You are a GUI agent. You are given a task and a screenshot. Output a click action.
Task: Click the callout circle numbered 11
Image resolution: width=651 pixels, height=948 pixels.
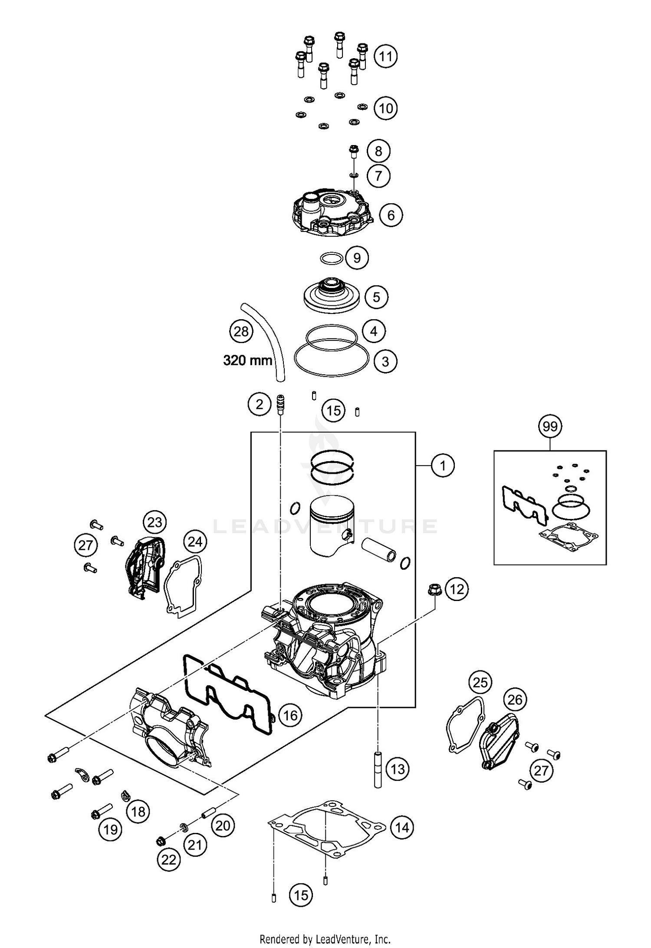(x=385, y=56)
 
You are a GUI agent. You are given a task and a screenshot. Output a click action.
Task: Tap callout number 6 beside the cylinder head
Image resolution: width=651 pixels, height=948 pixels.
(x=391, y=215)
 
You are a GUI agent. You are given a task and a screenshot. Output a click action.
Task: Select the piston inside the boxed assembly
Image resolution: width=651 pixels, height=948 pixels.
(x=332, y=528)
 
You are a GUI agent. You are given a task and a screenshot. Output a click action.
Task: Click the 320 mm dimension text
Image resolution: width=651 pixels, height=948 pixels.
(x=247, y=360)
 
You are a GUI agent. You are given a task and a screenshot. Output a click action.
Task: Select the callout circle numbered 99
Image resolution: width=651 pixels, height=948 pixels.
(x=550, y=426)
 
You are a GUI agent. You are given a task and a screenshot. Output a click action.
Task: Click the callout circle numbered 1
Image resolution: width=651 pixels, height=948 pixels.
(x=442, y=466)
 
